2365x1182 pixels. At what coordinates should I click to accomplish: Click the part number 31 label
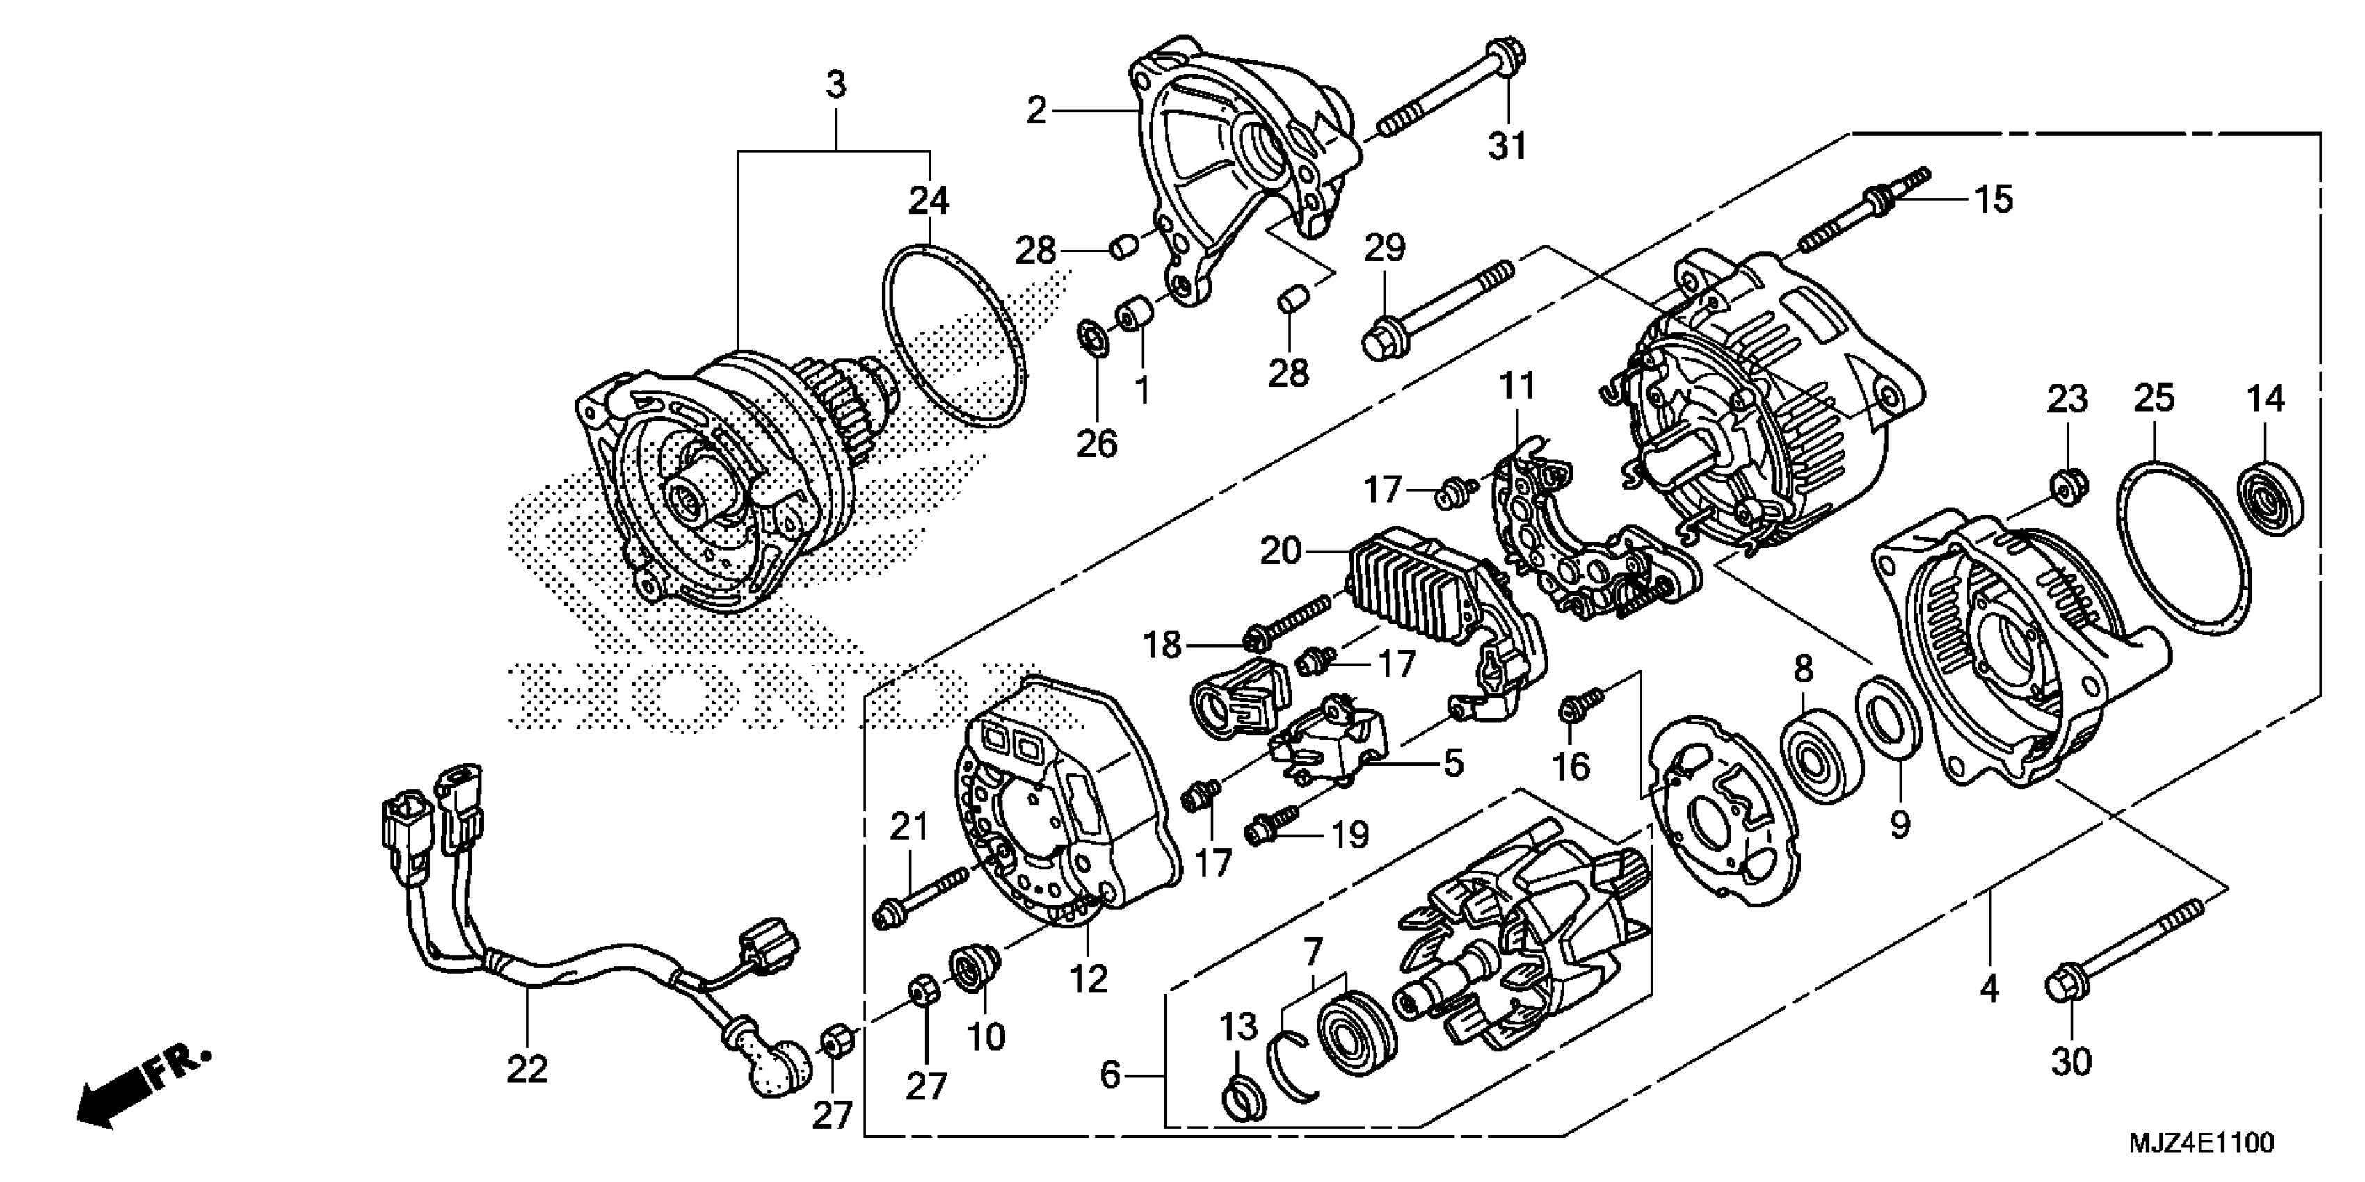pos(1507,145)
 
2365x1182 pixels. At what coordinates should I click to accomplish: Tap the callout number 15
pos(1993,199)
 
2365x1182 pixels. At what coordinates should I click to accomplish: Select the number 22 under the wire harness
pos(527,1069)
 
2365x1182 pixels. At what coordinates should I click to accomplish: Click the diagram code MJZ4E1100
pos(2201,1144)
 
